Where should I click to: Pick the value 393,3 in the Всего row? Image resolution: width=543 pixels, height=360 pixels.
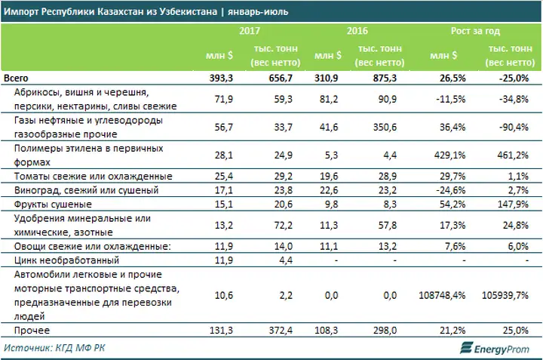pyautogui.click(x=226, y=78)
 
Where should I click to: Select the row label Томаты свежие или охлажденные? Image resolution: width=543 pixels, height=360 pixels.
pyautogui.click(x=84, y=176)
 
